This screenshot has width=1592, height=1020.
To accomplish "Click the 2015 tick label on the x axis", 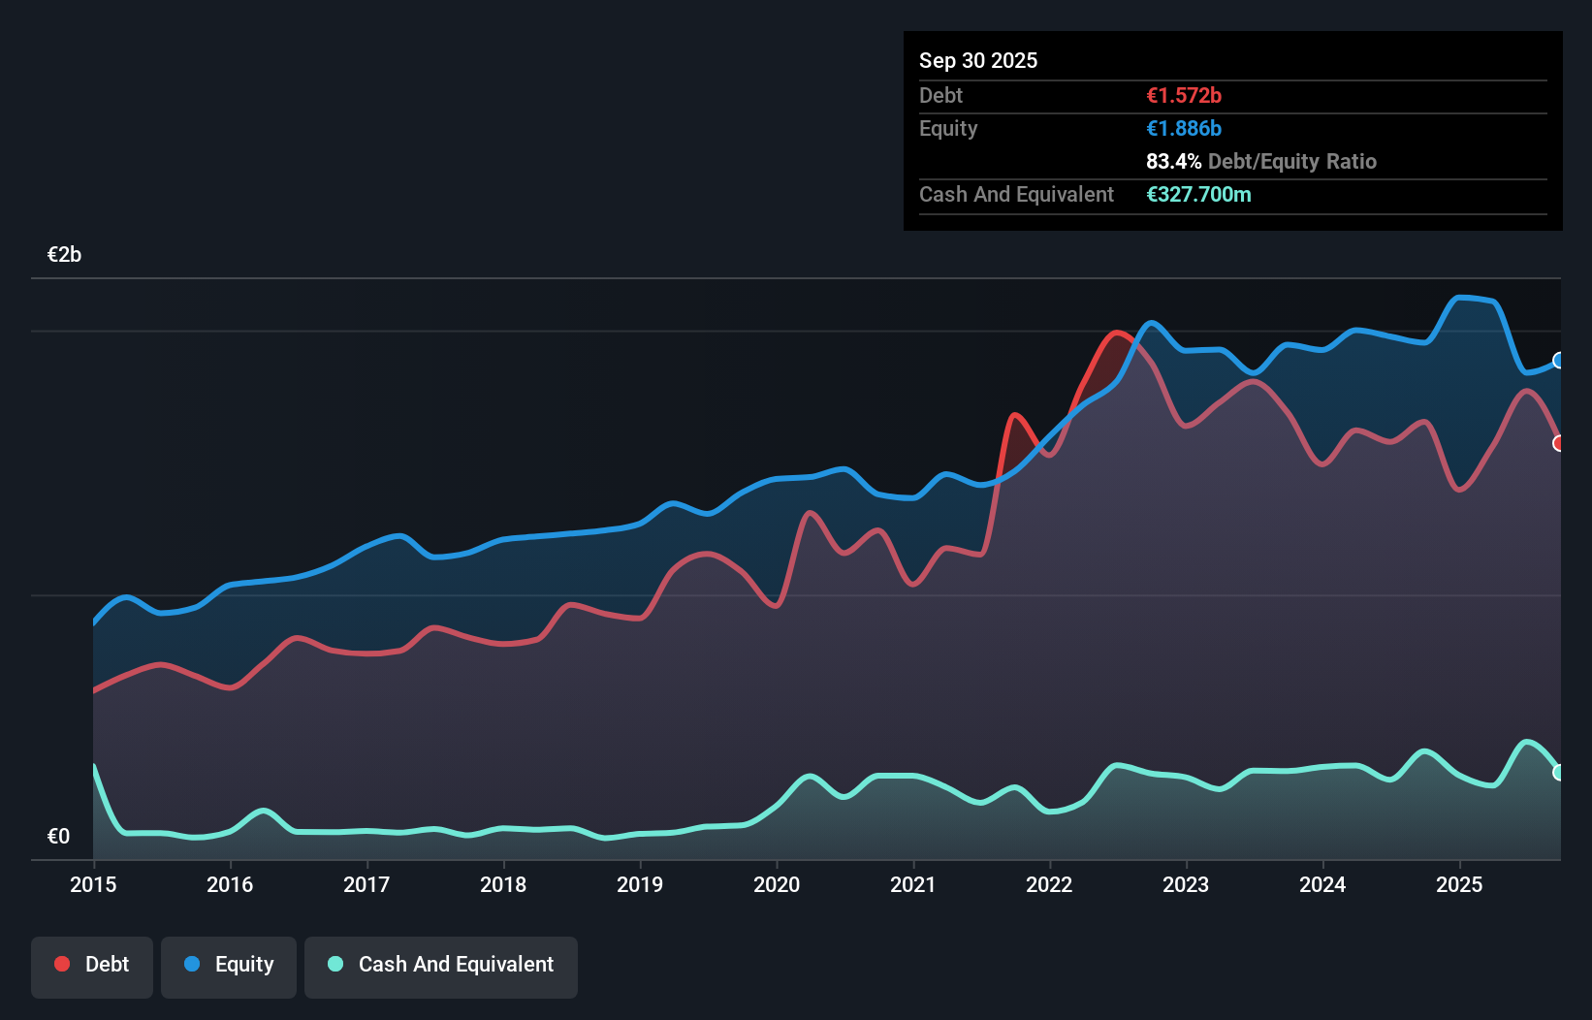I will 93,884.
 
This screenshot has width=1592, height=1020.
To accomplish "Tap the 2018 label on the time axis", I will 503,884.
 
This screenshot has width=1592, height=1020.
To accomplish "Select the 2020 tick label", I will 777,884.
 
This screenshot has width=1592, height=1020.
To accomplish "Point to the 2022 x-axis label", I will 1049,884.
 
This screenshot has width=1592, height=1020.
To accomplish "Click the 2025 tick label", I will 1459,884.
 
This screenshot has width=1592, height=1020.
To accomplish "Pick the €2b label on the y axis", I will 64,255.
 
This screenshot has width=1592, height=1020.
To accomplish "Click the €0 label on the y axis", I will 58,836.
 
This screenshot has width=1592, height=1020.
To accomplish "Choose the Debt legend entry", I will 92,965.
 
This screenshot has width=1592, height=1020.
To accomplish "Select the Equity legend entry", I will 229,965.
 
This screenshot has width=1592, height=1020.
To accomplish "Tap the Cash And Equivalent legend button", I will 441,965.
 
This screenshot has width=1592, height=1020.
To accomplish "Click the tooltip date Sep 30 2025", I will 977,60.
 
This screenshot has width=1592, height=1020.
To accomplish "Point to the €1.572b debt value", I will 1183,96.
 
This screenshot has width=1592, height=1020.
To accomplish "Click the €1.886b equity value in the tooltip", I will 1183,129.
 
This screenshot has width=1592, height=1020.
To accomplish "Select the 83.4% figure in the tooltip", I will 1173,162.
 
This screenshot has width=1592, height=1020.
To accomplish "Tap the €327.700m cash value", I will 1198,195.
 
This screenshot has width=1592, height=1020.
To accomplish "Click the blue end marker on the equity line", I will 1559,361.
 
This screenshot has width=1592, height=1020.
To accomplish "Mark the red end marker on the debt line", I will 1559,443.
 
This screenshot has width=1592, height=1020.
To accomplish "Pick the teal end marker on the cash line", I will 1559,773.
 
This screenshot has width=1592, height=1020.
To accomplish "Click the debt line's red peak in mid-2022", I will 1117,333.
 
